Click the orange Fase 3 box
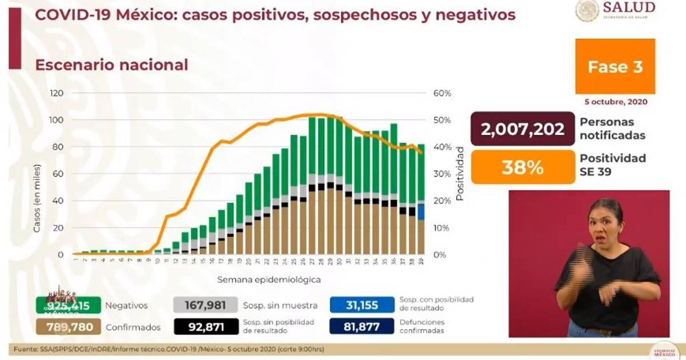click(x=615, y=66)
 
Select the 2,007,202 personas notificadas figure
click(x=523, y=129)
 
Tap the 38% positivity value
click(x=523, y=167)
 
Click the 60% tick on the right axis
click(x=442, y=93)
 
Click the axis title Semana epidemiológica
click(x=269, y=280)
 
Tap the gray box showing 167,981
click(x=206, y=305)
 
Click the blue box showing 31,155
click(x=362, y=305)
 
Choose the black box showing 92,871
click(x=206, y=327)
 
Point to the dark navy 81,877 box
click(x=362, y=327)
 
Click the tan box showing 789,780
click(x=68, y=327)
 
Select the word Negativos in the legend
click(x=126, y=306)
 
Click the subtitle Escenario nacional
click(x=111, y=65)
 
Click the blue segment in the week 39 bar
click(x=421, y=212)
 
